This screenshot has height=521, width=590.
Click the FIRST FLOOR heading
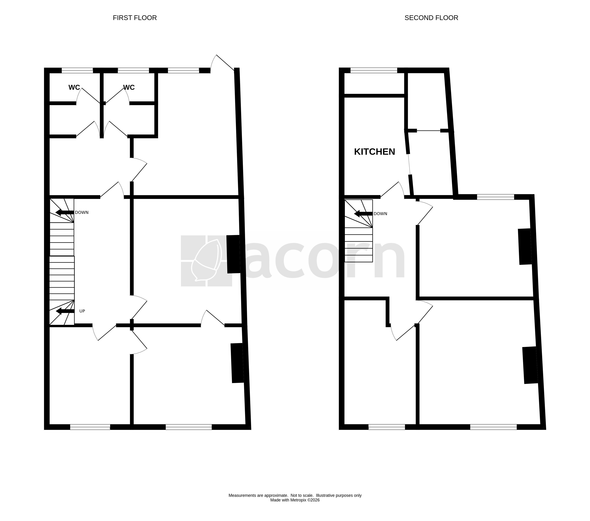[135, 18]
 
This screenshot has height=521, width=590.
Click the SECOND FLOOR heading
[431, 18]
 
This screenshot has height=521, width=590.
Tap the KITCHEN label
[374, 152]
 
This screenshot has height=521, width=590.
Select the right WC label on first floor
[129, 87]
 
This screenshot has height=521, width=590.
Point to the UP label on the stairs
[82, 311]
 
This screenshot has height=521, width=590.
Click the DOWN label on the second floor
[380, 214]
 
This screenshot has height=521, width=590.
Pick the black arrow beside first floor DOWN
[65, 212]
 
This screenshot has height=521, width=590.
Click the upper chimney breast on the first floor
[233, 254]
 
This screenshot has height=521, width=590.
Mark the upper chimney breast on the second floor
[525, 247]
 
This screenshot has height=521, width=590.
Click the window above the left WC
[77, 70]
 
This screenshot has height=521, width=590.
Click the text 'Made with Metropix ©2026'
[295, 500]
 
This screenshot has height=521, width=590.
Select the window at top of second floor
[374, 70]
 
